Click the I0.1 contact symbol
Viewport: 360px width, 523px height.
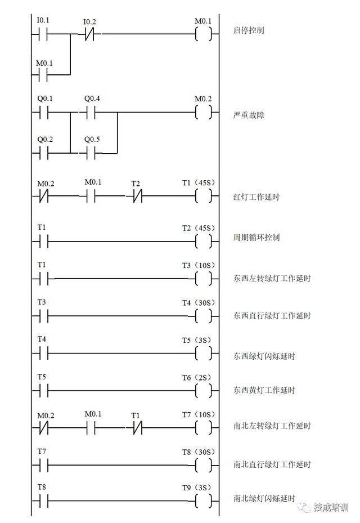tap(43, 34)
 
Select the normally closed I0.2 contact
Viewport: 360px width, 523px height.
tap(89, 34)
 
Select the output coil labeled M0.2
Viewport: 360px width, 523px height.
tap(203, 113)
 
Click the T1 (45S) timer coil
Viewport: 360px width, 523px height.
tap(203, 196)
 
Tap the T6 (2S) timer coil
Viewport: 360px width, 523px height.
tap(203, 390)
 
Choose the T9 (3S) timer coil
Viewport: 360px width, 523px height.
tap(203, 500)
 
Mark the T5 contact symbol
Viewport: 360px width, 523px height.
tap(43, 390)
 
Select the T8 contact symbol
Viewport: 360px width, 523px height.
tap(43, 500)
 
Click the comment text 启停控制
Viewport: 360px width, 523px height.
tap(248, 30)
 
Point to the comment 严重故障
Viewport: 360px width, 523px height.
tap(248, 115)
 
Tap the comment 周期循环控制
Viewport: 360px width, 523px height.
tap(256, 238)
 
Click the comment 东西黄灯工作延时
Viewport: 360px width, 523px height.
tap(264, 390)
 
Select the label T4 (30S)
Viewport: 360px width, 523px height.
tap(199, 303)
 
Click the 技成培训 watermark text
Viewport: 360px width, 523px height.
tap(331, 507)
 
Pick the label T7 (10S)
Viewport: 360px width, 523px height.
tap(199, 415)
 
